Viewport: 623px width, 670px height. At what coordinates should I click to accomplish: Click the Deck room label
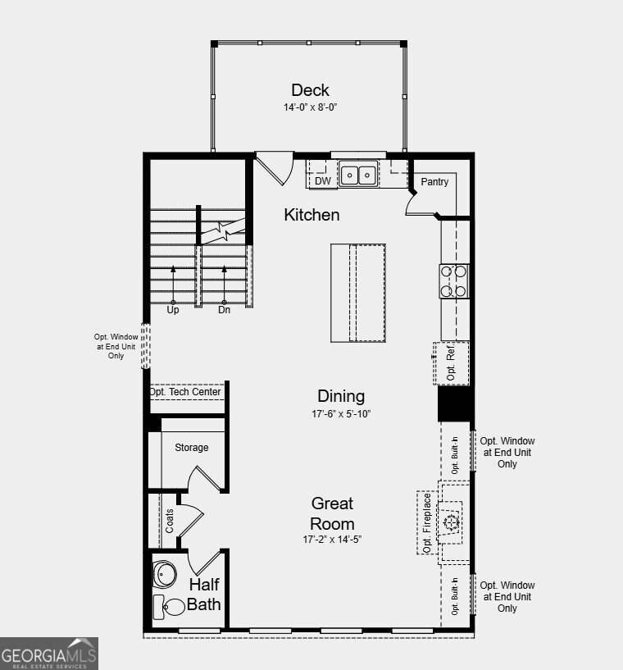310,90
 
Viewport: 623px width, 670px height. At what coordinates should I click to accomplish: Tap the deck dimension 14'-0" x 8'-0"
310,107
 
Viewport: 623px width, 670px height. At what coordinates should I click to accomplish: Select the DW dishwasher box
323,180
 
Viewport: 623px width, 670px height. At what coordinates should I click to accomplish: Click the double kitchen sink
358,175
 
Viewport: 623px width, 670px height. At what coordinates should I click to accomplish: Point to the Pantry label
434,182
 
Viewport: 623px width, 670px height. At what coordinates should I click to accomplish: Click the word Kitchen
311,215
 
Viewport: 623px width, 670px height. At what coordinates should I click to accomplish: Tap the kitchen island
358,293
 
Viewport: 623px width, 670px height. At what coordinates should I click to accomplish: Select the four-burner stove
454,280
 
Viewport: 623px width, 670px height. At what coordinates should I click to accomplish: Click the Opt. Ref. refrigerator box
452,363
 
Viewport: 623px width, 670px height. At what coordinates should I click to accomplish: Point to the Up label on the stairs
173,311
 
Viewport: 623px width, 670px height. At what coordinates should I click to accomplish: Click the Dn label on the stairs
225,311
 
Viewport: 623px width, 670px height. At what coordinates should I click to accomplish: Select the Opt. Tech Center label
185,392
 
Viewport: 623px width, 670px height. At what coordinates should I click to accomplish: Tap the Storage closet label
191,448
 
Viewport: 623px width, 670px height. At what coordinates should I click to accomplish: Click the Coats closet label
170,521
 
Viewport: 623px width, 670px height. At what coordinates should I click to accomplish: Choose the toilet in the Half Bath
170,608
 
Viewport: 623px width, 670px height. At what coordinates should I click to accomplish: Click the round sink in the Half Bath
165,574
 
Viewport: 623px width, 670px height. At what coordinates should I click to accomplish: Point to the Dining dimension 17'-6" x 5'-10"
341,414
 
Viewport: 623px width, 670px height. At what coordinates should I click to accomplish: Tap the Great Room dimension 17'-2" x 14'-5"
332,539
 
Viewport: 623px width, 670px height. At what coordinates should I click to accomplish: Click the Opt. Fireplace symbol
450,522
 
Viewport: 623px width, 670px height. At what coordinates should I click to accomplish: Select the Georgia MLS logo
49,654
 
